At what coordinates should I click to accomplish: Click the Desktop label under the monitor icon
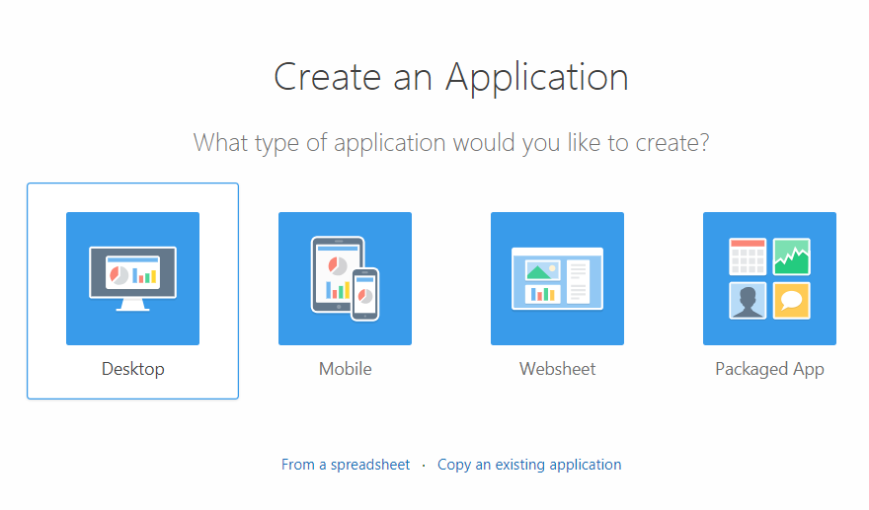133,369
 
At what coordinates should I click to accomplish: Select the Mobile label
346,369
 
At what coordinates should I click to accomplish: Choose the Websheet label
558,369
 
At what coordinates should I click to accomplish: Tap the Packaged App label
770,369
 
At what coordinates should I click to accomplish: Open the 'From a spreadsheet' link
346,464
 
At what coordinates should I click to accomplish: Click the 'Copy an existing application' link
529,464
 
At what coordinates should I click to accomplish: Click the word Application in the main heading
537,78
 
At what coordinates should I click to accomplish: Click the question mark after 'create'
704,142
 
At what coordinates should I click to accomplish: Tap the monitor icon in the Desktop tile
133,278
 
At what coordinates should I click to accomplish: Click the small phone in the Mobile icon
365,295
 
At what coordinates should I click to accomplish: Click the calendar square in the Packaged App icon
748,256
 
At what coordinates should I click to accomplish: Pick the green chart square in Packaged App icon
791,256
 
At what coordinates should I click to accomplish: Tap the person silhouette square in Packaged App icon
748,301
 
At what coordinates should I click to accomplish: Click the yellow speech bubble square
791,301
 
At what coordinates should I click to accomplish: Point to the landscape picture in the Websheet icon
542,270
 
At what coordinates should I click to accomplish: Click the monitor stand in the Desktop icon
133,305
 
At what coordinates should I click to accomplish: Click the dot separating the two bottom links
424,466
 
